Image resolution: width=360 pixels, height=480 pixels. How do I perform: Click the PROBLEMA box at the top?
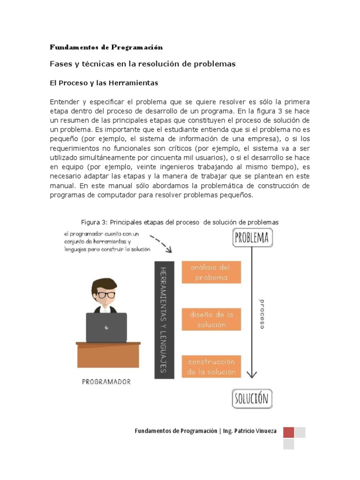click(x=252, y=238)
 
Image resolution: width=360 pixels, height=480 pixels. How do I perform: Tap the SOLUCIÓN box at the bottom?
click(x=252, y=398)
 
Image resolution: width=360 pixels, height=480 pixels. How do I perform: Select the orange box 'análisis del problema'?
click(x=211, y=272)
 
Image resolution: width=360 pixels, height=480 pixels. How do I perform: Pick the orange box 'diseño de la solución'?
click(x=211, y=319)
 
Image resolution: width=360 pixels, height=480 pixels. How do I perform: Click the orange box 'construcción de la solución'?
click(x=211, y=367)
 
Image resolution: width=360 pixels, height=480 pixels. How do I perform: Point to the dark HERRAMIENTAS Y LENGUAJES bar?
click(x=164, y=320)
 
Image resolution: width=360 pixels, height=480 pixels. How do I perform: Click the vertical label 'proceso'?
click(x=262, y=314)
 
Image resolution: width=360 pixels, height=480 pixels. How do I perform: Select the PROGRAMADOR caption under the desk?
click(x=106, y=382)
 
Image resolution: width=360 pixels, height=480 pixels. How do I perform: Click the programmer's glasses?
click(x=106, y=295)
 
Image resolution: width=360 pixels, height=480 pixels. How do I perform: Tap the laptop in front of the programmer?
click(x=106, y=327)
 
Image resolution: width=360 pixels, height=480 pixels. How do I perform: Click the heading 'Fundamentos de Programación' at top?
click(x=106, y=47)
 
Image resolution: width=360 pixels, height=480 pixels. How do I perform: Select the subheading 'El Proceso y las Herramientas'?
click(x=104, y=83)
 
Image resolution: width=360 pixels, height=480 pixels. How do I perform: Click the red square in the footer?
click(x=289, y=432)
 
